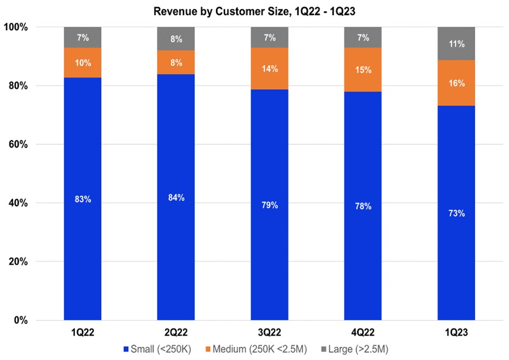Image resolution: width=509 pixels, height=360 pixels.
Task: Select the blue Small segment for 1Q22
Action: click(83, 250)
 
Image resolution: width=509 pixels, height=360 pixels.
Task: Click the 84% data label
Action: click(176, 198)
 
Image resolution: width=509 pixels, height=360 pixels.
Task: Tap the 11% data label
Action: click(456, 44)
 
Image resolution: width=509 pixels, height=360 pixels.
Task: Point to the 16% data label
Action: click(456, 84)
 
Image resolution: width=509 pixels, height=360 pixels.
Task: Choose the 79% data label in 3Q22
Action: click(269, 205)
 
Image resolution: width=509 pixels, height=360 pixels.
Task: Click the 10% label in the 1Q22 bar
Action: click(83, 63)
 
